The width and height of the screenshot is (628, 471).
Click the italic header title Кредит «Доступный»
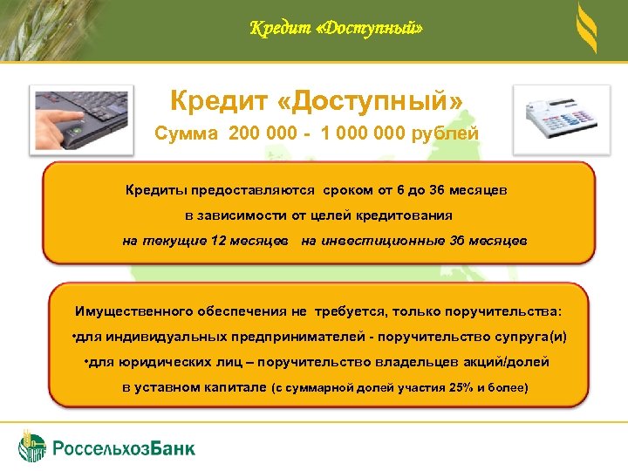336,29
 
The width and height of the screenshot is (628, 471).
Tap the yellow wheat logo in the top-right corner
587,30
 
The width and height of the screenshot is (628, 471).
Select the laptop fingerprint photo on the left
81,119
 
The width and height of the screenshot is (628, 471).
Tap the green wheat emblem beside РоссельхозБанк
33,445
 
